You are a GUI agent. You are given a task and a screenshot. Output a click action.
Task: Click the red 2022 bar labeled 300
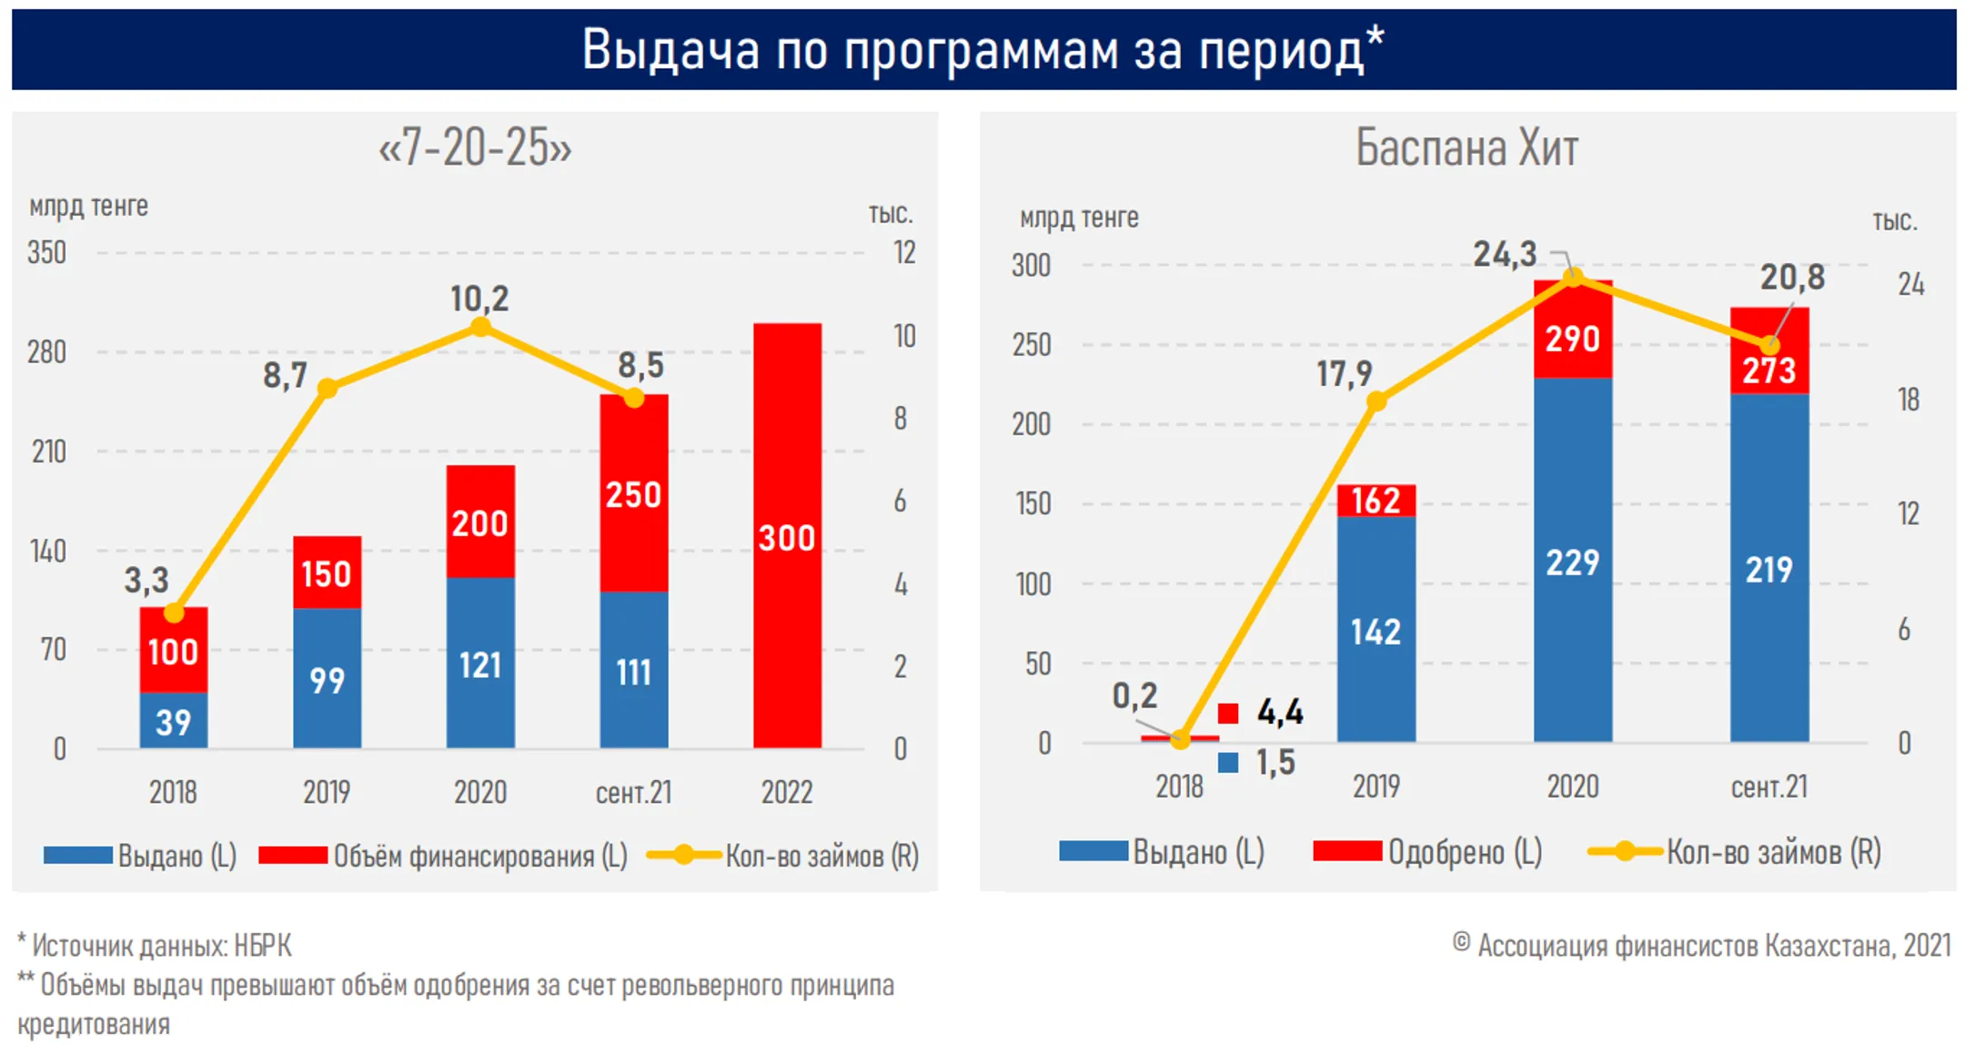coord(787,536)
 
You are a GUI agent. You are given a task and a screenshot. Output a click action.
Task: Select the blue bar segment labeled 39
coord(173,721)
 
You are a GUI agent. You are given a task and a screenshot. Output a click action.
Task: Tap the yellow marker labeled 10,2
coord(481,327)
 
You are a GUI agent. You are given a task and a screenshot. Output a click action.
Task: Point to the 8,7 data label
coord(285,375)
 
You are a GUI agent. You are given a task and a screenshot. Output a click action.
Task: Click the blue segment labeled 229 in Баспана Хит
coord(1572,561)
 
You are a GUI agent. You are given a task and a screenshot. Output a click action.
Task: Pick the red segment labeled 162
coord(1375,500)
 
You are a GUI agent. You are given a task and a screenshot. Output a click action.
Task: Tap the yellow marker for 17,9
coord(1376,401)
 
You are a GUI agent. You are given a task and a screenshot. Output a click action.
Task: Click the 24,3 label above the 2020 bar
coord(1505,254)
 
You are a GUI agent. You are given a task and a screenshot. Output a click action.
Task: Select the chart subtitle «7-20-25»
coord(475,147)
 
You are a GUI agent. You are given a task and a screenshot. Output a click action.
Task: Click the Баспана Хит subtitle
coord(1466,147)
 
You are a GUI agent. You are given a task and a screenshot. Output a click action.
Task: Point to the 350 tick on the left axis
coord(46,252)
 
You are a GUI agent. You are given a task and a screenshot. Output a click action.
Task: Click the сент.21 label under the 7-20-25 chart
coord(633,792)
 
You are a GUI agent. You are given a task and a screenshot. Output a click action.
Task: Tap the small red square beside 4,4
coord(1228,713)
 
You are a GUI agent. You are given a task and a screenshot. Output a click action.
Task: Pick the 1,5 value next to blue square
coord(1275,763)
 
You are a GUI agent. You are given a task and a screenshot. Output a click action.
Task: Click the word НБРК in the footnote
coord(263,946)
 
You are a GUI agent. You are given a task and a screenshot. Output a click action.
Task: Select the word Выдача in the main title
coord(670,49)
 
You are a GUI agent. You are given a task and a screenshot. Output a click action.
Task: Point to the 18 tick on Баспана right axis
coord(1908,400)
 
